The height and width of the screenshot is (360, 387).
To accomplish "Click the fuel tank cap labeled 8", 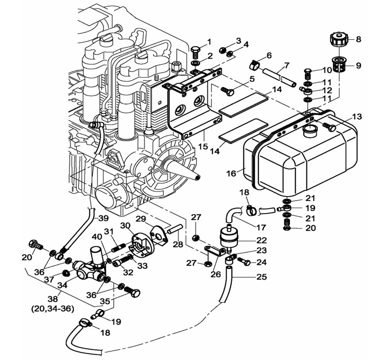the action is [339, 39].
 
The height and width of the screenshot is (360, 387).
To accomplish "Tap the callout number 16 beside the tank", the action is [231, 173].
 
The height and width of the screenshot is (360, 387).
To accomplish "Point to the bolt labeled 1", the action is [195, 51].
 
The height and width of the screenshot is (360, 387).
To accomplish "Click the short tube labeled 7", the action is [279, 78].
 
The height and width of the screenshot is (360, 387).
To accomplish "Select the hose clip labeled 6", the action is [254, 65].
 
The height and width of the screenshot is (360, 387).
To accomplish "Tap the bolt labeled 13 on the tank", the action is [329, 127].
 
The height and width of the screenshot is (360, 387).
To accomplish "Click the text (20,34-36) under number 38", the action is [53, 309].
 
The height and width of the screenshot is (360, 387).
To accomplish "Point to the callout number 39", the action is [103, 218].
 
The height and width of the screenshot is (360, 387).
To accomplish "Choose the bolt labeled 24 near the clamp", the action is [244, 261].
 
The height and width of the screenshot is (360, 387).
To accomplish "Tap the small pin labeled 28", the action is [175, 228].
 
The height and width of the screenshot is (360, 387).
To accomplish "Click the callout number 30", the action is [125, 226].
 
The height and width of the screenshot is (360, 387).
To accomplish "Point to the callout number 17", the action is [261, 227].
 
